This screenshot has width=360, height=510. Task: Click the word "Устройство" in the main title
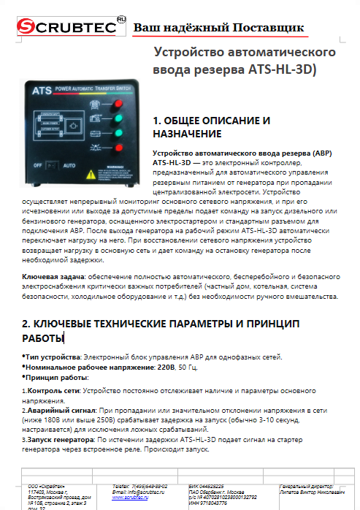point(191,53)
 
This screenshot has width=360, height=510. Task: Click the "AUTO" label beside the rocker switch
point(71,165)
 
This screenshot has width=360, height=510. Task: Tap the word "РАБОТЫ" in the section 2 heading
point(42,338)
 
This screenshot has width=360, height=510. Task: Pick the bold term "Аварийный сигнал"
point(58,412)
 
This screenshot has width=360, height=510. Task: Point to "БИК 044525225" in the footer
point(208,486)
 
